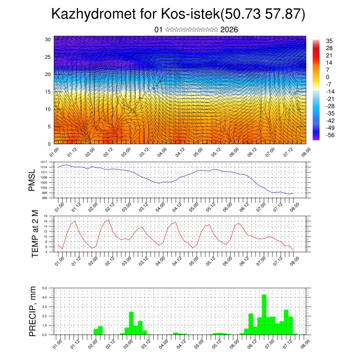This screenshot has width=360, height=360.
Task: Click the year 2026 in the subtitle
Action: pyautogui.click(x=229, y=30)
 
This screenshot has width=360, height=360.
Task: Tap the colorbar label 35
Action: pyautogui.click(x=329, y=41)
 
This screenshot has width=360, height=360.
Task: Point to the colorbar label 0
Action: pyautogui.click(x=328, y=77)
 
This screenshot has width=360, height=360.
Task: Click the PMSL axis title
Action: pyautogui.click(x=32, y=180)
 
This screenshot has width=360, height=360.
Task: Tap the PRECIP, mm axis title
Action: pyautogui.click(x=33, y=311)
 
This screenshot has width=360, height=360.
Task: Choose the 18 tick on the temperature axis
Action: pyautogui.click(x=45, y=216)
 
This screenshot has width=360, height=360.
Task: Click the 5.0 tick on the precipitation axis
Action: pyautogui.click(x=45, y=288)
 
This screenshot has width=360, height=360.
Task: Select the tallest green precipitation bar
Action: pyautogui.click(x=264, y=315)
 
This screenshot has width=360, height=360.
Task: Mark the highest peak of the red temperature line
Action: pyautogui.click(x=108, y=220)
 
